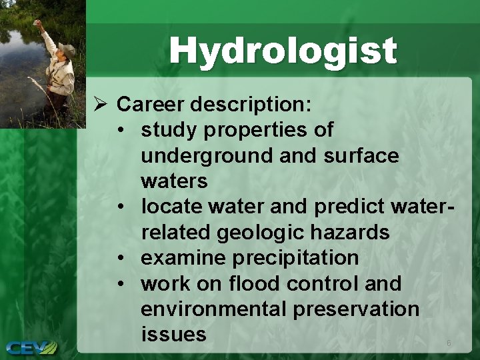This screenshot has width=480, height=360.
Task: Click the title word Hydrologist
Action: point(283,51)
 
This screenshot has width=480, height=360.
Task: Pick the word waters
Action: point(174,181)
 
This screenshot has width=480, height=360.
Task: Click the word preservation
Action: point(355,309)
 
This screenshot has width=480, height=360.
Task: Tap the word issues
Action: point(173,335)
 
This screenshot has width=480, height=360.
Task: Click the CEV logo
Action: point(32,347)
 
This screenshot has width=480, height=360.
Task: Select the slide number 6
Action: point(449,343)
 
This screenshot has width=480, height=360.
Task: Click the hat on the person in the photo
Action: point(66,48)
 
